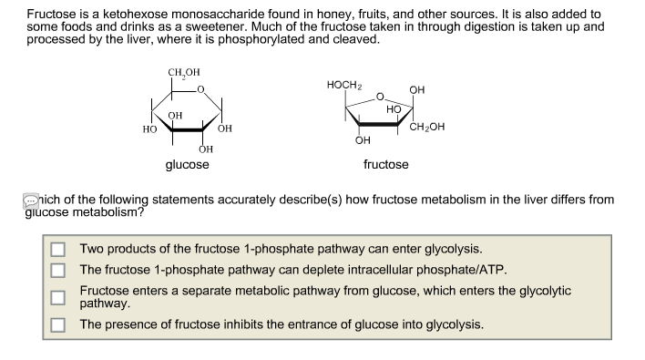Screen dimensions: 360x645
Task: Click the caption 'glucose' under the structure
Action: pyautogui.click(x=187, y=165)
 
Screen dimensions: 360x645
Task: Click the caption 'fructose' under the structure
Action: pyautogui.click(x=385, y=165)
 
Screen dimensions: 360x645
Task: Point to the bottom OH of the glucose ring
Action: pyautogui.click(x=205, y=149)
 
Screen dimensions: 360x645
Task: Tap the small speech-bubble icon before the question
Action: pyautogui.click(x=31, y=199)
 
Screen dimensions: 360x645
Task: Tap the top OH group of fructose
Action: pyautogui.click(x=417, y=89)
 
